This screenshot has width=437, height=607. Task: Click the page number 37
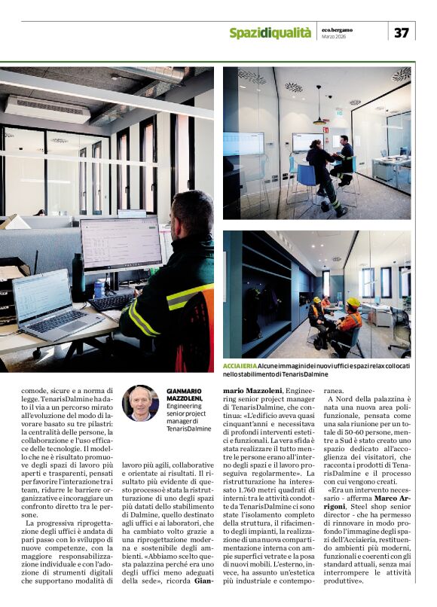pyautogui.click(x=402, y=32)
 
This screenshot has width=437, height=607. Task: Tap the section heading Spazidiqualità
pyautogui.click(x=270, y=32)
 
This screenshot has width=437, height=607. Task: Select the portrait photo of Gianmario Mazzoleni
pyautogui.click(x=140, y=401)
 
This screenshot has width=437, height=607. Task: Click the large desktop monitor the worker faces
pyautogui.click(x=121, y=244)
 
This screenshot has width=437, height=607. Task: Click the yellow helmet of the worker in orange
pyautogui.click(x=353, y=302)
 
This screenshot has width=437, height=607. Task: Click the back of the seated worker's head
pyautogui.click(x=187, y=215)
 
